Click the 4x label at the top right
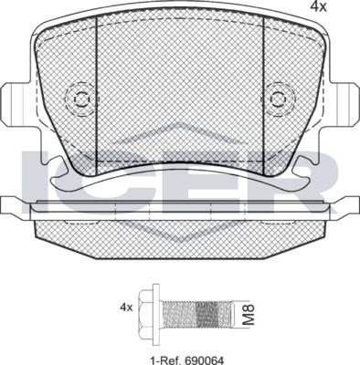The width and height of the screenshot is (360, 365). point(318,6)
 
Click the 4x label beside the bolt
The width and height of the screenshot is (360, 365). point(126,308)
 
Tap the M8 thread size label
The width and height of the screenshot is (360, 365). point(249,315)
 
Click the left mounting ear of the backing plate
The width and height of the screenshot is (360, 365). point(18,102)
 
